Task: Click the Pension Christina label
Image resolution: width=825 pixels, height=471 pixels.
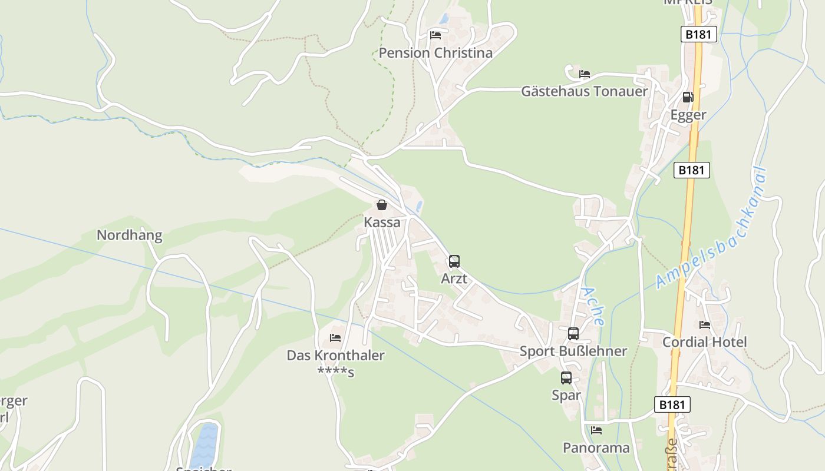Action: coord(435,53)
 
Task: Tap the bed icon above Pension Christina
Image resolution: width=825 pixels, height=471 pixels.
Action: coord(435,35)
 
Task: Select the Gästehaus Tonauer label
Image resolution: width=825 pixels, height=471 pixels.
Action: coord(584,91)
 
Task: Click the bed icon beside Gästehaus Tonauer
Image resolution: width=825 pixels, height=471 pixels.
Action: coord(585,74)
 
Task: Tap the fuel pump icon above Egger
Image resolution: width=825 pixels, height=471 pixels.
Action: coord(688,97)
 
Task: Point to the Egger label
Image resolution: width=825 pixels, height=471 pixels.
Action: coord(688,115)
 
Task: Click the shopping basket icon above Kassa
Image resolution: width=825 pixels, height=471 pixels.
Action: coord(382,205)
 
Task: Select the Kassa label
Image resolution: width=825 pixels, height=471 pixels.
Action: coord(382,223)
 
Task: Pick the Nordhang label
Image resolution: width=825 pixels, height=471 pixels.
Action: coord(129,235)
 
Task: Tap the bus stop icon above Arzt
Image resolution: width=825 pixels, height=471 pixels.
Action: coord(454,261)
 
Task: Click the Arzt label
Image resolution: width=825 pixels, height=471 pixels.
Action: coord(454,278)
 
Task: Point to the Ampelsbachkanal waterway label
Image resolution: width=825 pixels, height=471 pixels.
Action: coord(712,228)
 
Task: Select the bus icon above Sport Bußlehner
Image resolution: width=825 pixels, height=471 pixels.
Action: coord(573,334)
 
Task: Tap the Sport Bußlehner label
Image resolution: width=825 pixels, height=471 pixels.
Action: coord(573,351)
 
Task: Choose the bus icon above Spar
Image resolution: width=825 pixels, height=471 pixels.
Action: coord(566,378)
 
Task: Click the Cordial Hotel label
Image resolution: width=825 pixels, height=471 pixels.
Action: coord(704,342)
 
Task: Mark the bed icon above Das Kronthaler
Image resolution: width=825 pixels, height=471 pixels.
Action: coord(335,338)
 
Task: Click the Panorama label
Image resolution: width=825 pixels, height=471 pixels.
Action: coord(596,448)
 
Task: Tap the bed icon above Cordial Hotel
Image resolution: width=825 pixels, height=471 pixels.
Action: coord(704,325)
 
